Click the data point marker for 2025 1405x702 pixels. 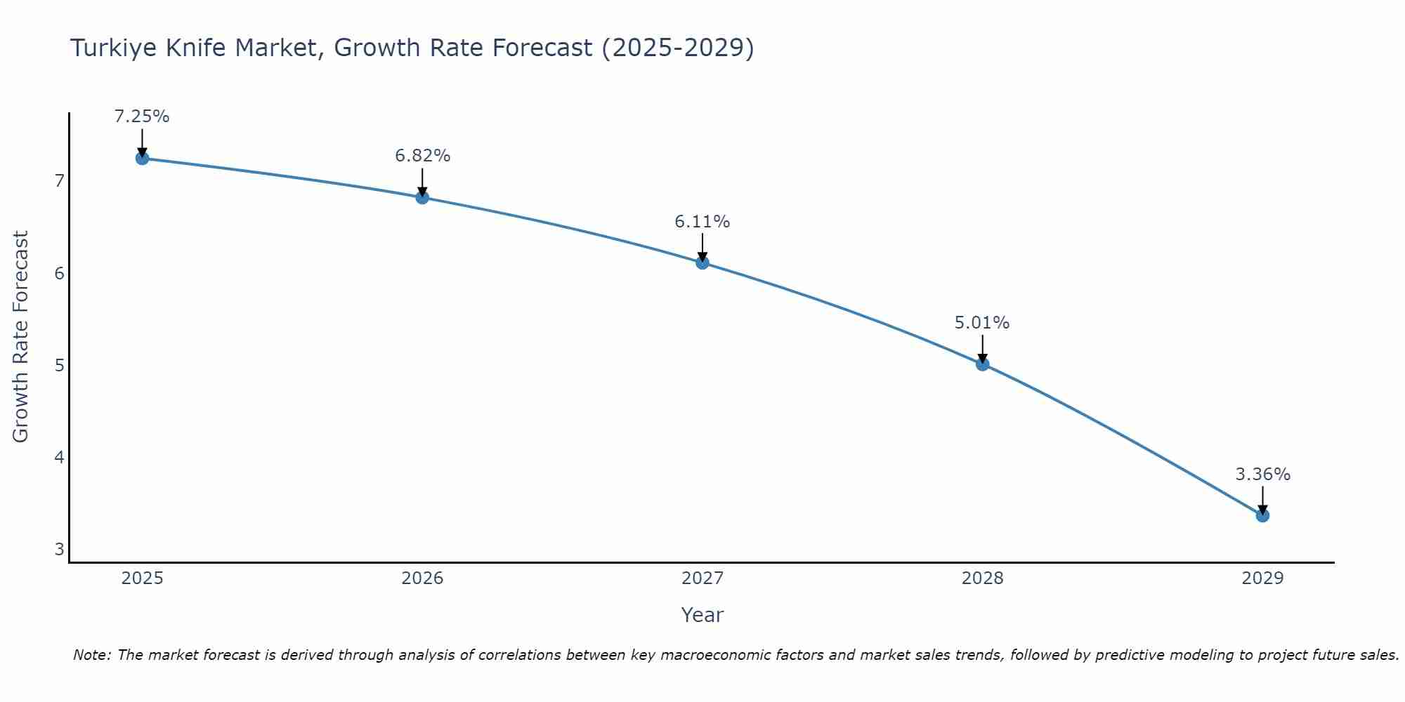(142, 158)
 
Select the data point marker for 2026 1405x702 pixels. (422, 197)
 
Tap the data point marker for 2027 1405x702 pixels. (702, 263)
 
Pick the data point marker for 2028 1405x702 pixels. (982, 364)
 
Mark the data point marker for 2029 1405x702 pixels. (1262, 515)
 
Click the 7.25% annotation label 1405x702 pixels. (142, 117)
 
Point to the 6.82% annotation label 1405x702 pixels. (422, 156)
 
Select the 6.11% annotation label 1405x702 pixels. (702, 222)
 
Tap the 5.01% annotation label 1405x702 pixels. (982, 323)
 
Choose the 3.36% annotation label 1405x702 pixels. (1262, 475)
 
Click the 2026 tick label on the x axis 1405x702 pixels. (422, 578)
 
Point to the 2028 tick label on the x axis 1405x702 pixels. (982, 578)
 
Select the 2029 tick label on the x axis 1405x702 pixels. (1262, 578)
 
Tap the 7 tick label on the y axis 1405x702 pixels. (59, 181)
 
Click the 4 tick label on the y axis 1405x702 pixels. (59, 457)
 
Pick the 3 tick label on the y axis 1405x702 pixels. (59, 549)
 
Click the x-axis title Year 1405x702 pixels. (702, 615)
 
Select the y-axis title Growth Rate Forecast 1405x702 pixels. (21, 337)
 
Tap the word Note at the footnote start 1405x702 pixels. (91, 655)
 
